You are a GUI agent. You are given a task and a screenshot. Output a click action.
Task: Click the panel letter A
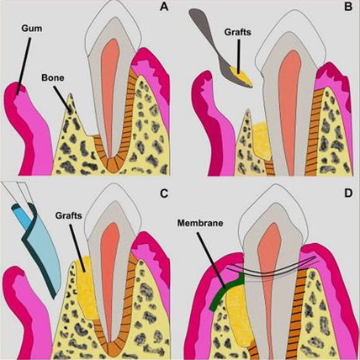point(164,7)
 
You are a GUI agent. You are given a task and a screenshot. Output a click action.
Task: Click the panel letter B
point(348,7)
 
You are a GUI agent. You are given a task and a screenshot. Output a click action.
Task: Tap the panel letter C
point(163,193)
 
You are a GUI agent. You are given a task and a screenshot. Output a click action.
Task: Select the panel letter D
point(348,193)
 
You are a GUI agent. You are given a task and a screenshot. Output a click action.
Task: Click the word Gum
point(32,29)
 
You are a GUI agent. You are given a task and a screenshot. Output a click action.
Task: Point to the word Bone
point(53,77)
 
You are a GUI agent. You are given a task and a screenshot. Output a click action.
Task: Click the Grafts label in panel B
point(238,32)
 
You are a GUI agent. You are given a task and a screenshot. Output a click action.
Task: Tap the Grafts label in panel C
point(68,215)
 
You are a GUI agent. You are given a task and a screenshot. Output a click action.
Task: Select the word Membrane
point(200,223)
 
